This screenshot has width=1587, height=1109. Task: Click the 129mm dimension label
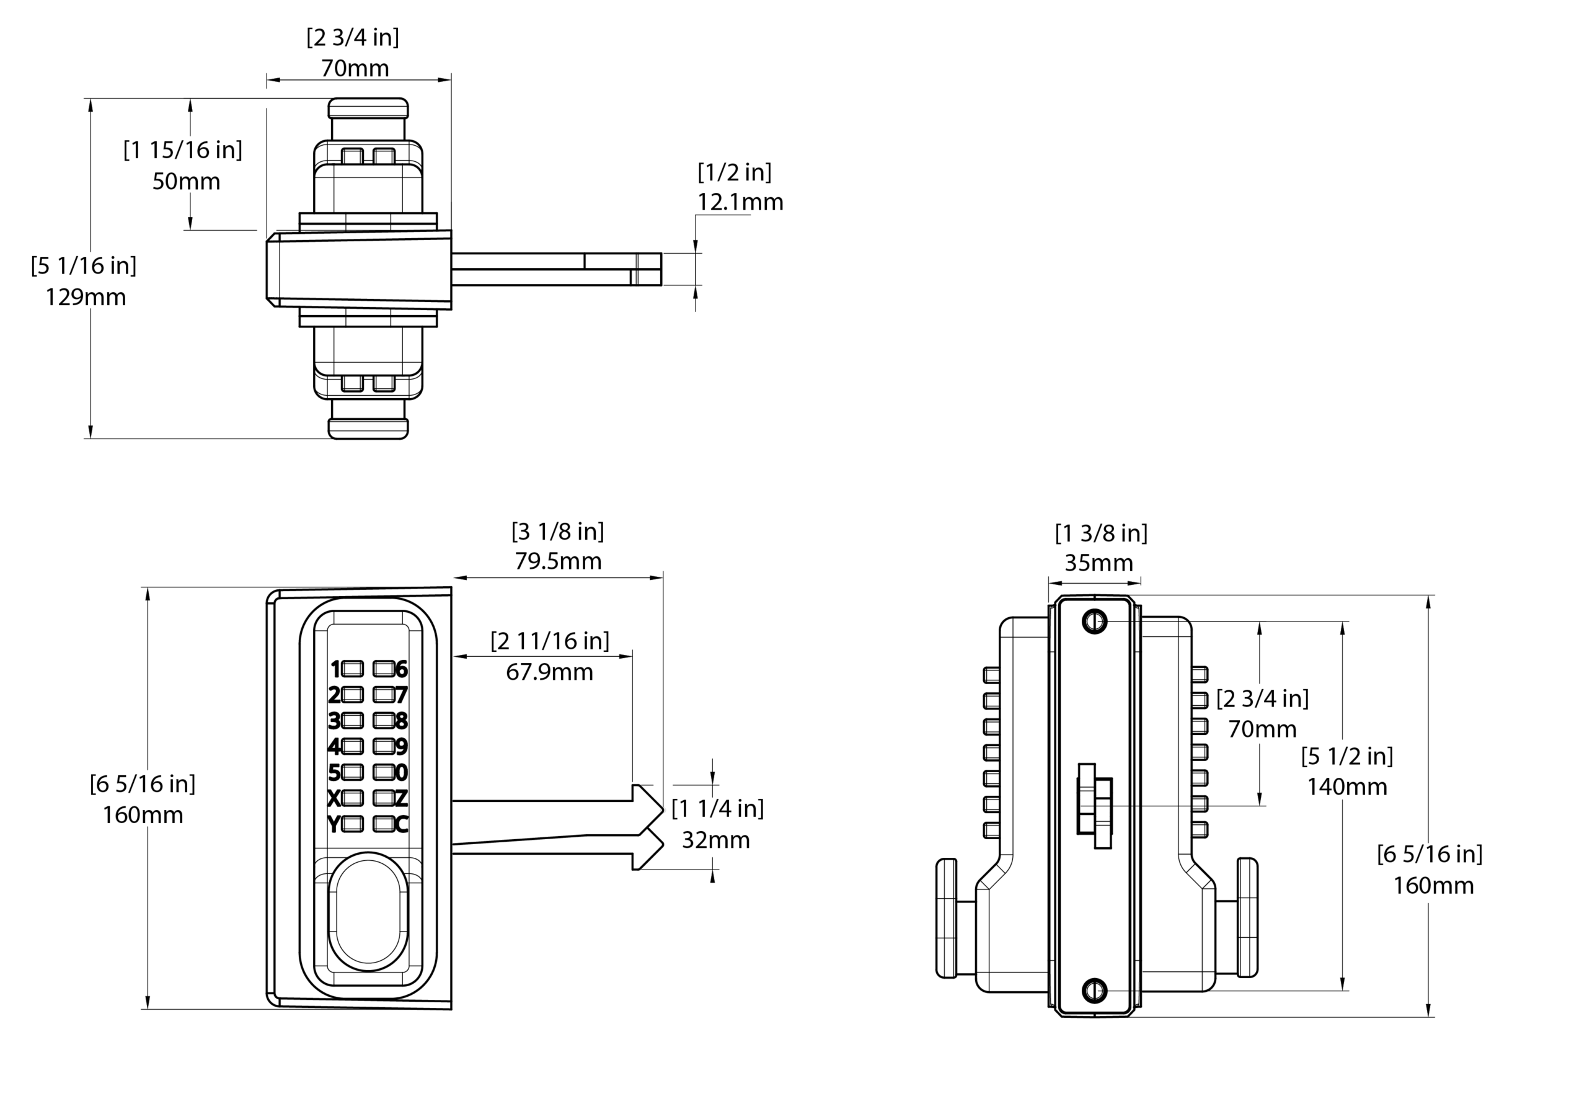pyautogui.click(x=86, y=297)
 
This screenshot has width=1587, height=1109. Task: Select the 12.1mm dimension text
pyautogui.click(x=740, y=203)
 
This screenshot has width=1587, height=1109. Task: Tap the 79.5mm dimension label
pyautogui.click(x=558, y=561)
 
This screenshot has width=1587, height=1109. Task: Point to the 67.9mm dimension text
pyautogui.click(x=549, y=672)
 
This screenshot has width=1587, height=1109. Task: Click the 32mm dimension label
pyautogui.click(x=715, y=840)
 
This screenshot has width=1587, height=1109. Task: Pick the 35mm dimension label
pyautogui.click(x=1099, y=563)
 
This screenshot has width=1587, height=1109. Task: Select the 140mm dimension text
pyautogui.click(x=1346, y=787)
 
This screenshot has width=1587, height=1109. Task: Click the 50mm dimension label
pyautogui.click(x=186, y=182)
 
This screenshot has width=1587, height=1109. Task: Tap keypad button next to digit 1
pyautogui.click(x=353, y=669)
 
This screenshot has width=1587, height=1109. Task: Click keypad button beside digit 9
pyautogui.click(x=384, y=746)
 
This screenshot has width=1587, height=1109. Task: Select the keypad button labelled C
pyautogui.click(x=384, y=824)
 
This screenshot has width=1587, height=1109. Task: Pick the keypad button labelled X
pyautogui.click(x=353, y=798)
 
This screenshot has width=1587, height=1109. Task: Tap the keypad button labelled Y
pyautogui.click(x=353, y=824)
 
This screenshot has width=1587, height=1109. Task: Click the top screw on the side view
pyautogui.click(x=1094, y=621)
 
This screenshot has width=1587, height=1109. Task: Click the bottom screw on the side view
pyautogui.click(x=1094, y=990)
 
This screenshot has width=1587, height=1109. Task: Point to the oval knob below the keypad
pyautogui.click(x=368, y=912)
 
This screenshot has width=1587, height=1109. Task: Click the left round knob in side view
pyautogui.click(x=946, y=917)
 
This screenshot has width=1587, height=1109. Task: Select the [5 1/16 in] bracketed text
pyautogui.click(x=84, y=265)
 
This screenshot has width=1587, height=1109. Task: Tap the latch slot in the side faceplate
pyautogui.click(x=1095, y=806)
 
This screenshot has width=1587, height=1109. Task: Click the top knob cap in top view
pyautogui.click(x=368, y=108)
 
